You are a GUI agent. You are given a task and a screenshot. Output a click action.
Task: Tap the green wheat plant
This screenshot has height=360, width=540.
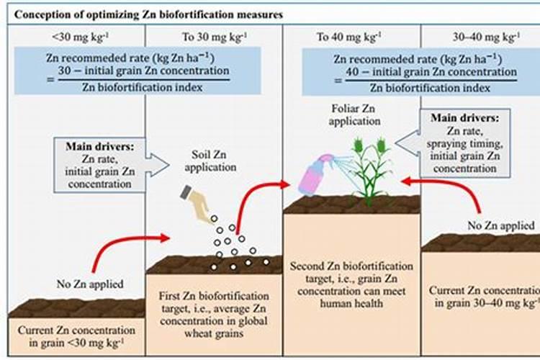click(371, 173)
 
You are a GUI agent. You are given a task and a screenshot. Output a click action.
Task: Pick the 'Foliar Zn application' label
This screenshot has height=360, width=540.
click(354, 116)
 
